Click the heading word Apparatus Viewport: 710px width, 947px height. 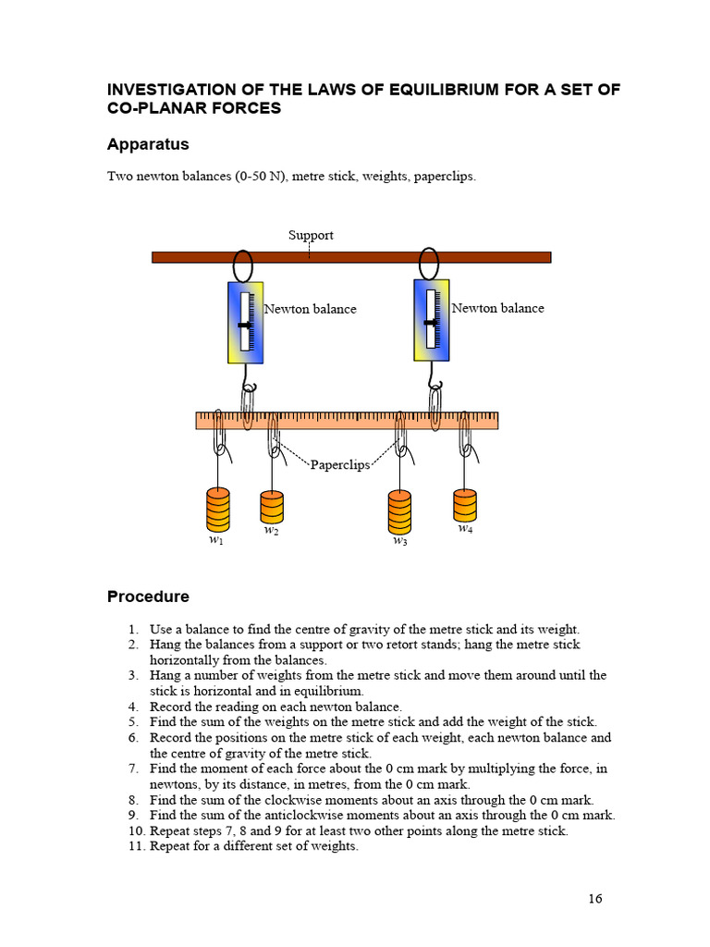tap(148, 144)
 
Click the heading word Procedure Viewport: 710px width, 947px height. tap(148, 596)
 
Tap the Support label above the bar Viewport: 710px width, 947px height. tap(311, 235)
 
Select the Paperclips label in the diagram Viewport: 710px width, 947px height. tap(339, 464)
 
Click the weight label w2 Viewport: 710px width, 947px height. tap(271, 531)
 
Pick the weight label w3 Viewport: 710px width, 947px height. tap(399, 541)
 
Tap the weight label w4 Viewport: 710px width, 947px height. tap(465, 529)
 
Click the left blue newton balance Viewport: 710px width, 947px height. tap(245, 323)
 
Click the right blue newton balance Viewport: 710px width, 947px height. tap(431, 320)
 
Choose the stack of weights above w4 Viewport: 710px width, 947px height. tap(465, 505)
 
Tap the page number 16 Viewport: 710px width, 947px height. tap(594, 898)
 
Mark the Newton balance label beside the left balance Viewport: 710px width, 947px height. tap(311, 309)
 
